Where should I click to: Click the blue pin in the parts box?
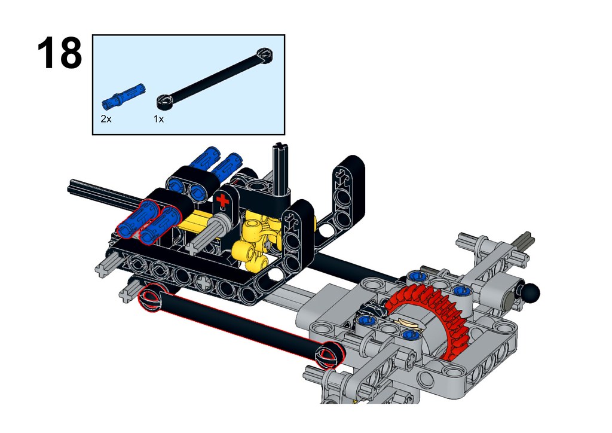point(123,96)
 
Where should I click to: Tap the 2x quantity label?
point(106,119)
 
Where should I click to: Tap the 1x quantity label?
point(158,119)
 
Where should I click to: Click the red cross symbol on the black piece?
point(222,200)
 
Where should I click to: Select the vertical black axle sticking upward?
point(280,169)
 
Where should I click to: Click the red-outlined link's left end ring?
point(151,298)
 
